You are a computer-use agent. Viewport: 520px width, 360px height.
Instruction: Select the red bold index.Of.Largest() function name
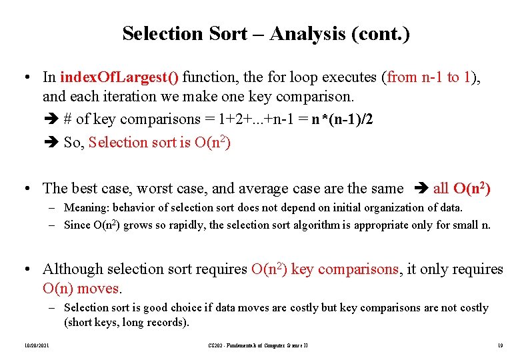[x=119, y=77]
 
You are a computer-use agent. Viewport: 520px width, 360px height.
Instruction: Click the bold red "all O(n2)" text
[x=462, y=189]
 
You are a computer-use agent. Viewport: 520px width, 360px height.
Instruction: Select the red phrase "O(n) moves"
[x=82, y=289]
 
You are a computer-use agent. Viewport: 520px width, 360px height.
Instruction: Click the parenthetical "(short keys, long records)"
[x=127, y=323]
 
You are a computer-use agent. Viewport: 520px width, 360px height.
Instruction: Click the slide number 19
[x=499, y=345]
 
